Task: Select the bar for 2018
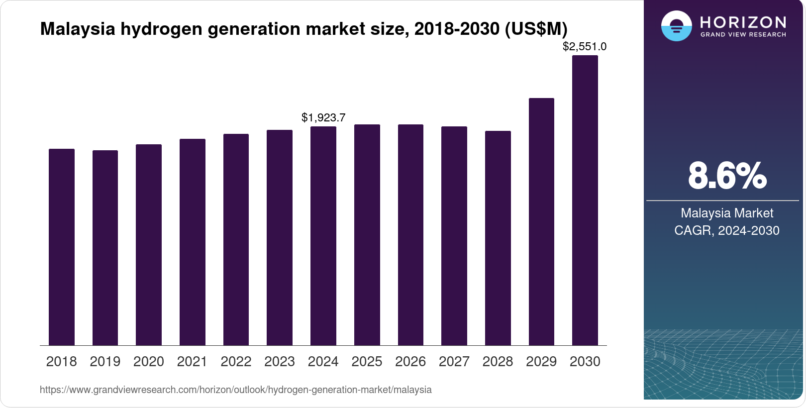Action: pyautogui.click(x=62, y=247)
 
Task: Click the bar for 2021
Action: pyautogui.click(x=193, y=242)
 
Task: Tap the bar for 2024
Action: pyautogui.click(x=323, y=236)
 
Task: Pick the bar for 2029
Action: pyautogui.click(x=541, y=221)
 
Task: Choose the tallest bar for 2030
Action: pyautogui.click(x=585, y=200)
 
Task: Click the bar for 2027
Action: pyautogui.click(x=454, y=236)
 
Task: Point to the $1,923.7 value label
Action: pyautogui.click(x=323, y=118)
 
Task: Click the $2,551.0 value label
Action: pyautogui.click(x=585, y=47)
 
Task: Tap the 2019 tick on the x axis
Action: pyautogui.click(x=105, y=362)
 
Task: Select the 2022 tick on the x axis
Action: pyautogui.click(x=236, y=362)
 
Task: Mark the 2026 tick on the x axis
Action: pyautogui.click(x=410, y=362)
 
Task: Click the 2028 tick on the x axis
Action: pyautogui.click(x=498, y=362)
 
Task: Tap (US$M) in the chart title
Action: pyautogui.click(x=536, y=29)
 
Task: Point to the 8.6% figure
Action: pyautogui.click(x=727, y=175)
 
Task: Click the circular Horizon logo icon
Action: pyautogui.click(x=676, y=26)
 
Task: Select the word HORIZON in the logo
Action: pyautogui.click(x=743, y=22)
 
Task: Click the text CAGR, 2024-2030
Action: pyautogui.click(x=727, y=230)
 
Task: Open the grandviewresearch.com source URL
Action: pyautogui.click(x=236, y=390)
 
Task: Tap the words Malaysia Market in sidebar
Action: pyautogui.click(x=727, y=213)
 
